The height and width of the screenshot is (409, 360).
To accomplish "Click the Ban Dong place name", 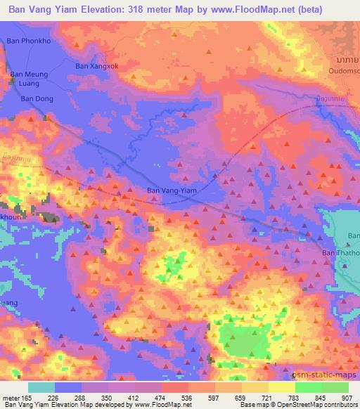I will pos(37,99).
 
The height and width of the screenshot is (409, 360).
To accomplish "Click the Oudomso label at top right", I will pos(343,69).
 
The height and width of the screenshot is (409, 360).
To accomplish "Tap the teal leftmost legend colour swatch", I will pos(41,387).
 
